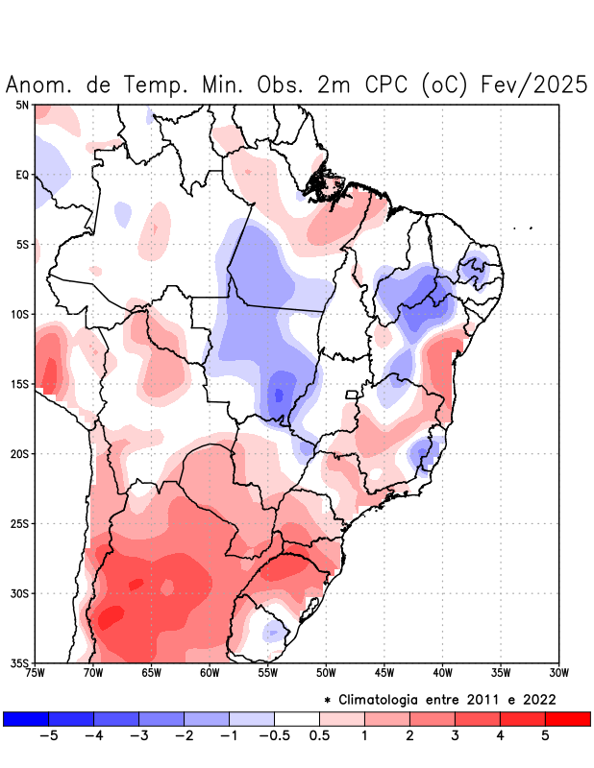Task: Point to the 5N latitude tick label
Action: pos(22,105)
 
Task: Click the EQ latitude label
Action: pos(22,175)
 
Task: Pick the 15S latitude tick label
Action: pos(20,384)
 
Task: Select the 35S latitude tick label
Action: pos(20,662)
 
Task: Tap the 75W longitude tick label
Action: pos(36,672)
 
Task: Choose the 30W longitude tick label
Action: pos(559,672)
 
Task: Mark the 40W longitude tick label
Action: pos(443,672)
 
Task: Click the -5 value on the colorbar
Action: pos(49,735)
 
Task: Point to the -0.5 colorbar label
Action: pos(274,735)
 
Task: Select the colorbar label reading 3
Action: pos(455,735)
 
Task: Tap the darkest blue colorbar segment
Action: pos(26,719)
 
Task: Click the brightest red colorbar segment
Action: pos(567,719)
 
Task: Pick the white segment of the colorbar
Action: pos(297,719)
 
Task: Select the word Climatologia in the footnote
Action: pos(382,698)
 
